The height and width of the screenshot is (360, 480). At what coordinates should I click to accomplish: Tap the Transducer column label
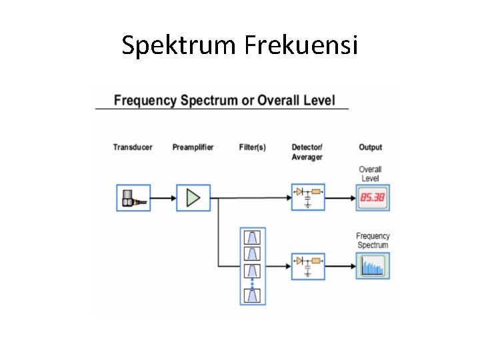[x=133, y=147]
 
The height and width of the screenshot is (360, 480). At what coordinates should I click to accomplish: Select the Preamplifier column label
[x=193, y=147]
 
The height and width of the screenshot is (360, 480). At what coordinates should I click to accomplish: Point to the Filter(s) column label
[x=252, y=147]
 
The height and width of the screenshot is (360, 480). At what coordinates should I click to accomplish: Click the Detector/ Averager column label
[x=307, y=152]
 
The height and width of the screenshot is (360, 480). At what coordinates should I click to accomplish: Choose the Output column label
[x=370, y=147]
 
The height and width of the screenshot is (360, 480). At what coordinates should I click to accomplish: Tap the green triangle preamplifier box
[x=193, y=197]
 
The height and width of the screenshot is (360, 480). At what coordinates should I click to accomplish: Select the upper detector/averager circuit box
[x=308, y=197]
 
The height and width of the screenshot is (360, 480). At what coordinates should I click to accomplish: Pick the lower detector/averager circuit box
[x=308, y=265]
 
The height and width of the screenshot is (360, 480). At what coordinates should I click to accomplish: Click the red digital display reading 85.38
[x=373, y=197]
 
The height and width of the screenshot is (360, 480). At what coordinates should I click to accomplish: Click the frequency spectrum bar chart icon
[x=373, y=265]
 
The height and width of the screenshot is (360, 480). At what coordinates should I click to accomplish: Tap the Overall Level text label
[x=370, y=174]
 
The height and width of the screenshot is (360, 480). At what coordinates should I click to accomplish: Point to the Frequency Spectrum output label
[x=373, y=241]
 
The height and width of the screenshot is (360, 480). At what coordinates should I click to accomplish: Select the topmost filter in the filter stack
[x=253, y=238]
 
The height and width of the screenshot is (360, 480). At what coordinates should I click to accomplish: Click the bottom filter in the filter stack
[x=253, y=295]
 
